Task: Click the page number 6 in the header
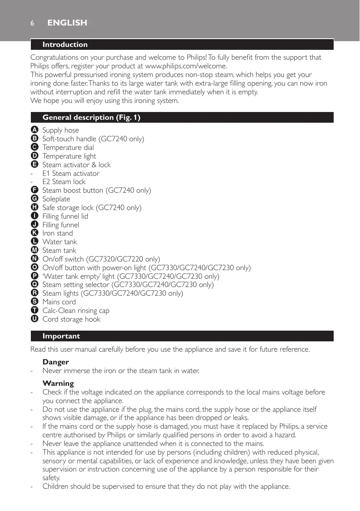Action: tap(32, 23)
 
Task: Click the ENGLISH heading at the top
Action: tap(67, 23)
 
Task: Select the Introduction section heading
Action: tap(65, 44)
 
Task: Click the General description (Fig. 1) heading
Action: tap(91, 118)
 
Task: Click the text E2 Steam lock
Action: tap(64, 182)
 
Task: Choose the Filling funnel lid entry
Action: tap(65, 216)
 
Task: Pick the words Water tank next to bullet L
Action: tap(60, 242)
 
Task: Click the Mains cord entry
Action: tap(59, 302)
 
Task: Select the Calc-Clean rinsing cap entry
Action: tap(76, 310)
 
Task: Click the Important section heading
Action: tap(61, 336)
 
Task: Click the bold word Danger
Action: tap(56, 362)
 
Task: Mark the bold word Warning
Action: tap(58, 383)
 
